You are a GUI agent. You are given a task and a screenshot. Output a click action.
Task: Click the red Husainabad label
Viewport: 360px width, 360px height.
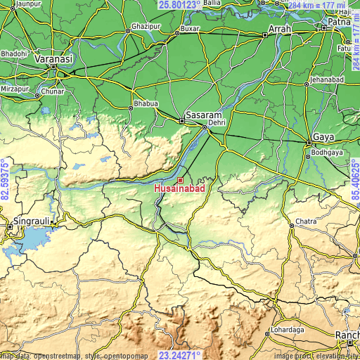click(x=179, y=189)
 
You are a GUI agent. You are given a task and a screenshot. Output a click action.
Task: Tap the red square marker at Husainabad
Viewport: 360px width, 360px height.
click(x=180, y=181)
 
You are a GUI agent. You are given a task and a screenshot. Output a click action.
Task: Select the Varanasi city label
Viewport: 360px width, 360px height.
click(x=55, y=60)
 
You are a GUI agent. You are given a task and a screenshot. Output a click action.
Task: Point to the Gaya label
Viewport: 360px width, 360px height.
click(x=323, y=136)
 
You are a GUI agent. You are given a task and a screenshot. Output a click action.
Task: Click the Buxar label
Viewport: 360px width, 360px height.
click(x=190, y=29)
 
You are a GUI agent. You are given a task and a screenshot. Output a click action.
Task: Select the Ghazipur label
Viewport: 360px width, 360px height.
click(x=141, y=26)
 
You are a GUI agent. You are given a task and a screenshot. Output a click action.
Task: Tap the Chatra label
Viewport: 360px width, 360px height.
click(x=307, y=221)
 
